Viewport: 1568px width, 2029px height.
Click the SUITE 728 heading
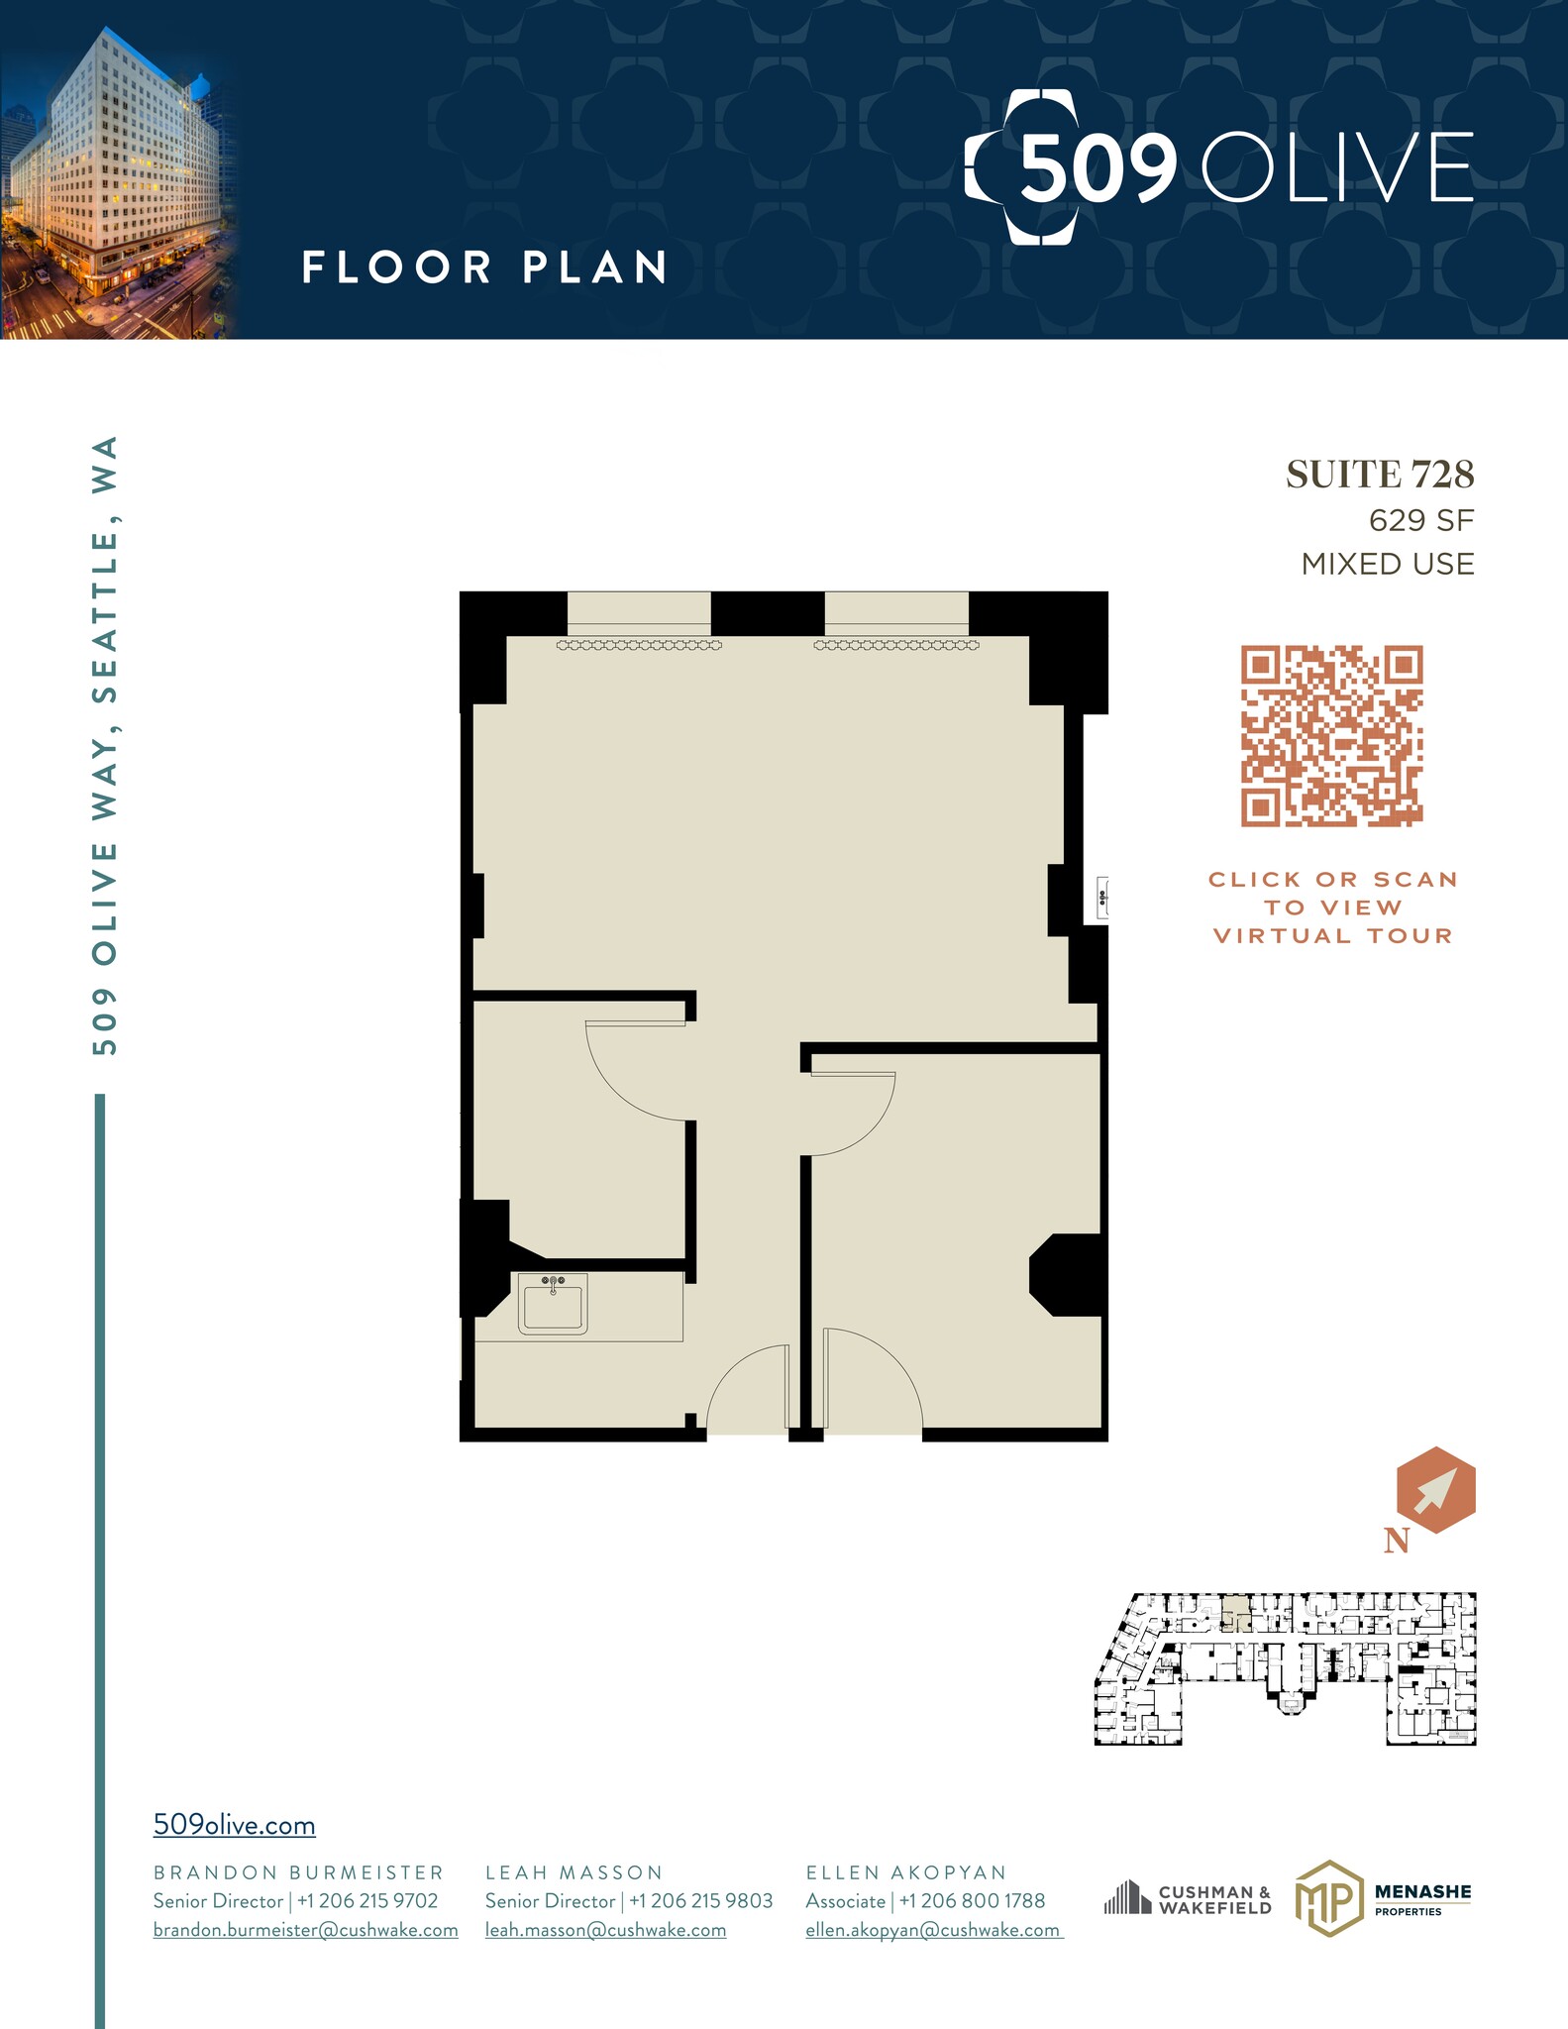coord(1380,476)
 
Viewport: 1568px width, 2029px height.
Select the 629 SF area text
coord(1421,520)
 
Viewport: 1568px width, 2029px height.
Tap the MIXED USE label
coord(1387,564)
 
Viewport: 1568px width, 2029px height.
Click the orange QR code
coord(1331,736)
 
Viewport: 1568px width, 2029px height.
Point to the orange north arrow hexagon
coord(1435,1490)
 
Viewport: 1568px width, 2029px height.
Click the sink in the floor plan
coord(553,1305)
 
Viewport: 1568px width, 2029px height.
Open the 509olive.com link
coord(234,1825)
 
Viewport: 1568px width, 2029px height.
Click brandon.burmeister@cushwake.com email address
coord(305,1930)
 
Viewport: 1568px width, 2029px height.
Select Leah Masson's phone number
coord(701,1901)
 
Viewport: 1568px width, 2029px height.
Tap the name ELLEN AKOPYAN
coord(905,1872)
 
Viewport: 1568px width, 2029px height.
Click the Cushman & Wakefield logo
coord(1188,1899)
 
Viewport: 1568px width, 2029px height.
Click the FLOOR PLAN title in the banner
coord(484,267)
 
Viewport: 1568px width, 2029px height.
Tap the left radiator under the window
coord(639,645)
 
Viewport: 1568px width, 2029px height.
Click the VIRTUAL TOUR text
coord(1332,936)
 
